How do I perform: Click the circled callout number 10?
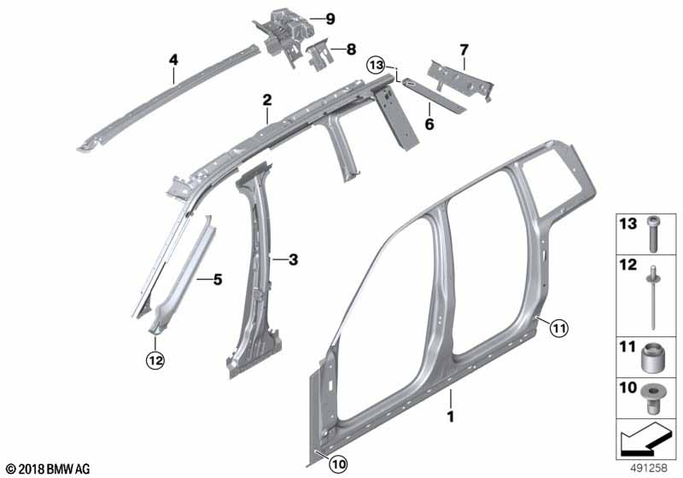tap(338, 464)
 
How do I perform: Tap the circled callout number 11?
tap(559, 328)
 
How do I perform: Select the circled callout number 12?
tap(155, 360)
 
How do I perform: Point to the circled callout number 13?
tap(376, 66)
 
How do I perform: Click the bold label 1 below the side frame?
tap(451, 417)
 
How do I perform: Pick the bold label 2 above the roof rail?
tap(267, 100)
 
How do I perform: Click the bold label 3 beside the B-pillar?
tap(293, 259)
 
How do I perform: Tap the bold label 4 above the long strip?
tap(173, 60)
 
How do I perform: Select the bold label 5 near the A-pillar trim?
tap(218, 279)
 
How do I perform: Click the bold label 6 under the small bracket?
tap(429, 124)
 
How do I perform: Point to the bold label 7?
tap(464, 50)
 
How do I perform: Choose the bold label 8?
tap(351, 50)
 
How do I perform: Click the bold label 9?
tap(330, 19)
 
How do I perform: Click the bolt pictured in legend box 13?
tap(652, 233)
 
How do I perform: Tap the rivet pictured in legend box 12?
tap(653, 298)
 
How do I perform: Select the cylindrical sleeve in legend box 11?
tap(652, 358)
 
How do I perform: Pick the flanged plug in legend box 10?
tap(652, 399)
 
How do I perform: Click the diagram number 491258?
tap(650, 468)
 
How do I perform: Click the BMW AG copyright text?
tap(49, 469)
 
